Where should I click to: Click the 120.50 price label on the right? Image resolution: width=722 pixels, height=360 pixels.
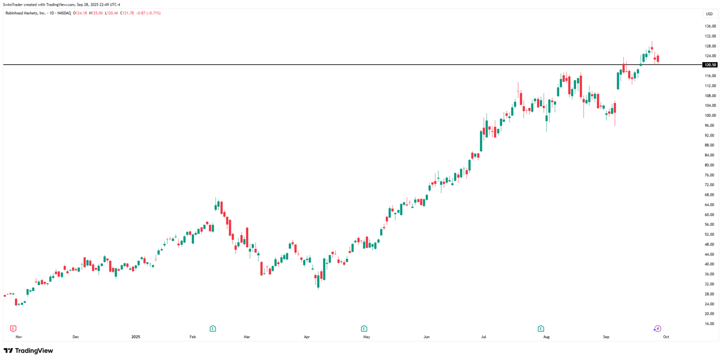pyautogui.click(x=710, y=65)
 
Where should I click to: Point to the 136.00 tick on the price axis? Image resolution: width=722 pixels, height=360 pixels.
pyautogui.click(x=710, y=26)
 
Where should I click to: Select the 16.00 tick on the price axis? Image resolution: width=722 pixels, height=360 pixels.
pyautogui.click(x=710, y=324)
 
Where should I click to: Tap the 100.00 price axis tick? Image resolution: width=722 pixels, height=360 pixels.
pyautogui.click(x=710, y=116)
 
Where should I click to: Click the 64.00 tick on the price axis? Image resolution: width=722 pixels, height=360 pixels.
pyautogui.click(x=710, y=205)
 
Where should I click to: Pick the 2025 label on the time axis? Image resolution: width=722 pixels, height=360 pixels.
pyautogui.click(x=135, y=337)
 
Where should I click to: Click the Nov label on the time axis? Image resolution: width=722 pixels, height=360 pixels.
pyautogui.click(x=19, y=337)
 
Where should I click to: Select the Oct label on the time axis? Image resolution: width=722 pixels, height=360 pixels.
pyautogui.click(x=666, y=337)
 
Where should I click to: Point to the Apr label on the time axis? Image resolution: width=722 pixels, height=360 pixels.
pyautogui.click(x=307, y=337)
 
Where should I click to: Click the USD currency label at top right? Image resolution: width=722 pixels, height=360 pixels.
pyautogui.click(x=709, y=14)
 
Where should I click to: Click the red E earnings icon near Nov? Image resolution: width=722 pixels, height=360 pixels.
pyautogui.click(x=14, y=328)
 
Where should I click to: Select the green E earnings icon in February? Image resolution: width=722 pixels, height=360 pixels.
pyautogui.click(x=213, y=328)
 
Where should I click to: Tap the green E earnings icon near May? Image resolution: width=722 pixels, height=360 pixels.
pyautogui.click(x=364, y=328)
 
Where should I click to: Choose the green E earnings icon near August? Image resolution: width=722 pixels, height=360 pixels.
pyautogui.click(x=540, y=328)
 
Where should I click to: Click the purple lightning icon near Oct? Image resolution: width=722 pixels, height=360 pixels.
pyautogui.click(x=657, y=328)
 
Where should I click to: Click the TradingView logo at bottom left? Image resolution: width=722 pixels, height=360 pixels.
pyautogui.click(x=28, y=350)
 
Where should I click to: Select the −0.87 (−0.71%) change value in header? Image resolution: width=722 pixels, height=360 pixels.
pyautogui.click(x=148, y=13)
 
